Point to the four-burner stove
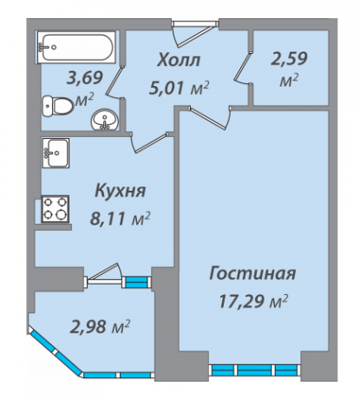tap(53, 210)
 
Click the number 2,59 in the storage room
tap(289, 62)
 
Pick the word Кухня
tap(119, 190)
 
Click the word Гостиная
tap(253, 274)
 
